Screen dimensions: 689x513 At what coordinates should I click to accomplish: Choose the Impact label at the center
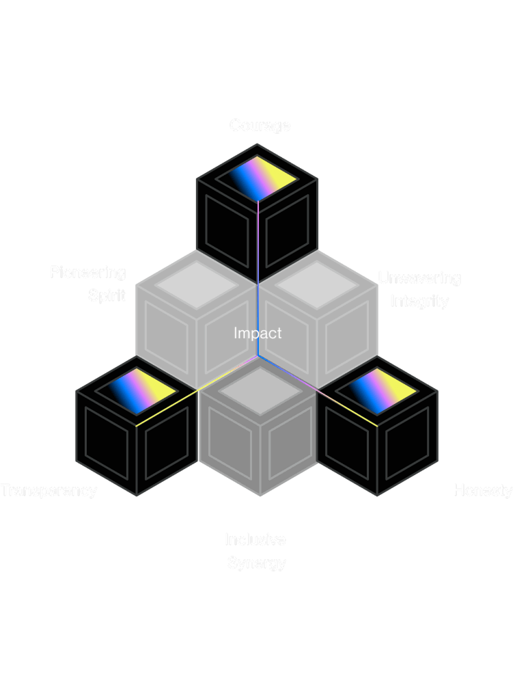click(258, 333)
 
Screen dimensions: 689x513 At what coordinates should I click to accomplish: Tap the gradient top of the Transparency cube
click(137, 391)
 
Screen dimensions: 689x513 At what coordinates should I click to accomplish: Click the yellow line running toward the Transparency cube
click(171, 407)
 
